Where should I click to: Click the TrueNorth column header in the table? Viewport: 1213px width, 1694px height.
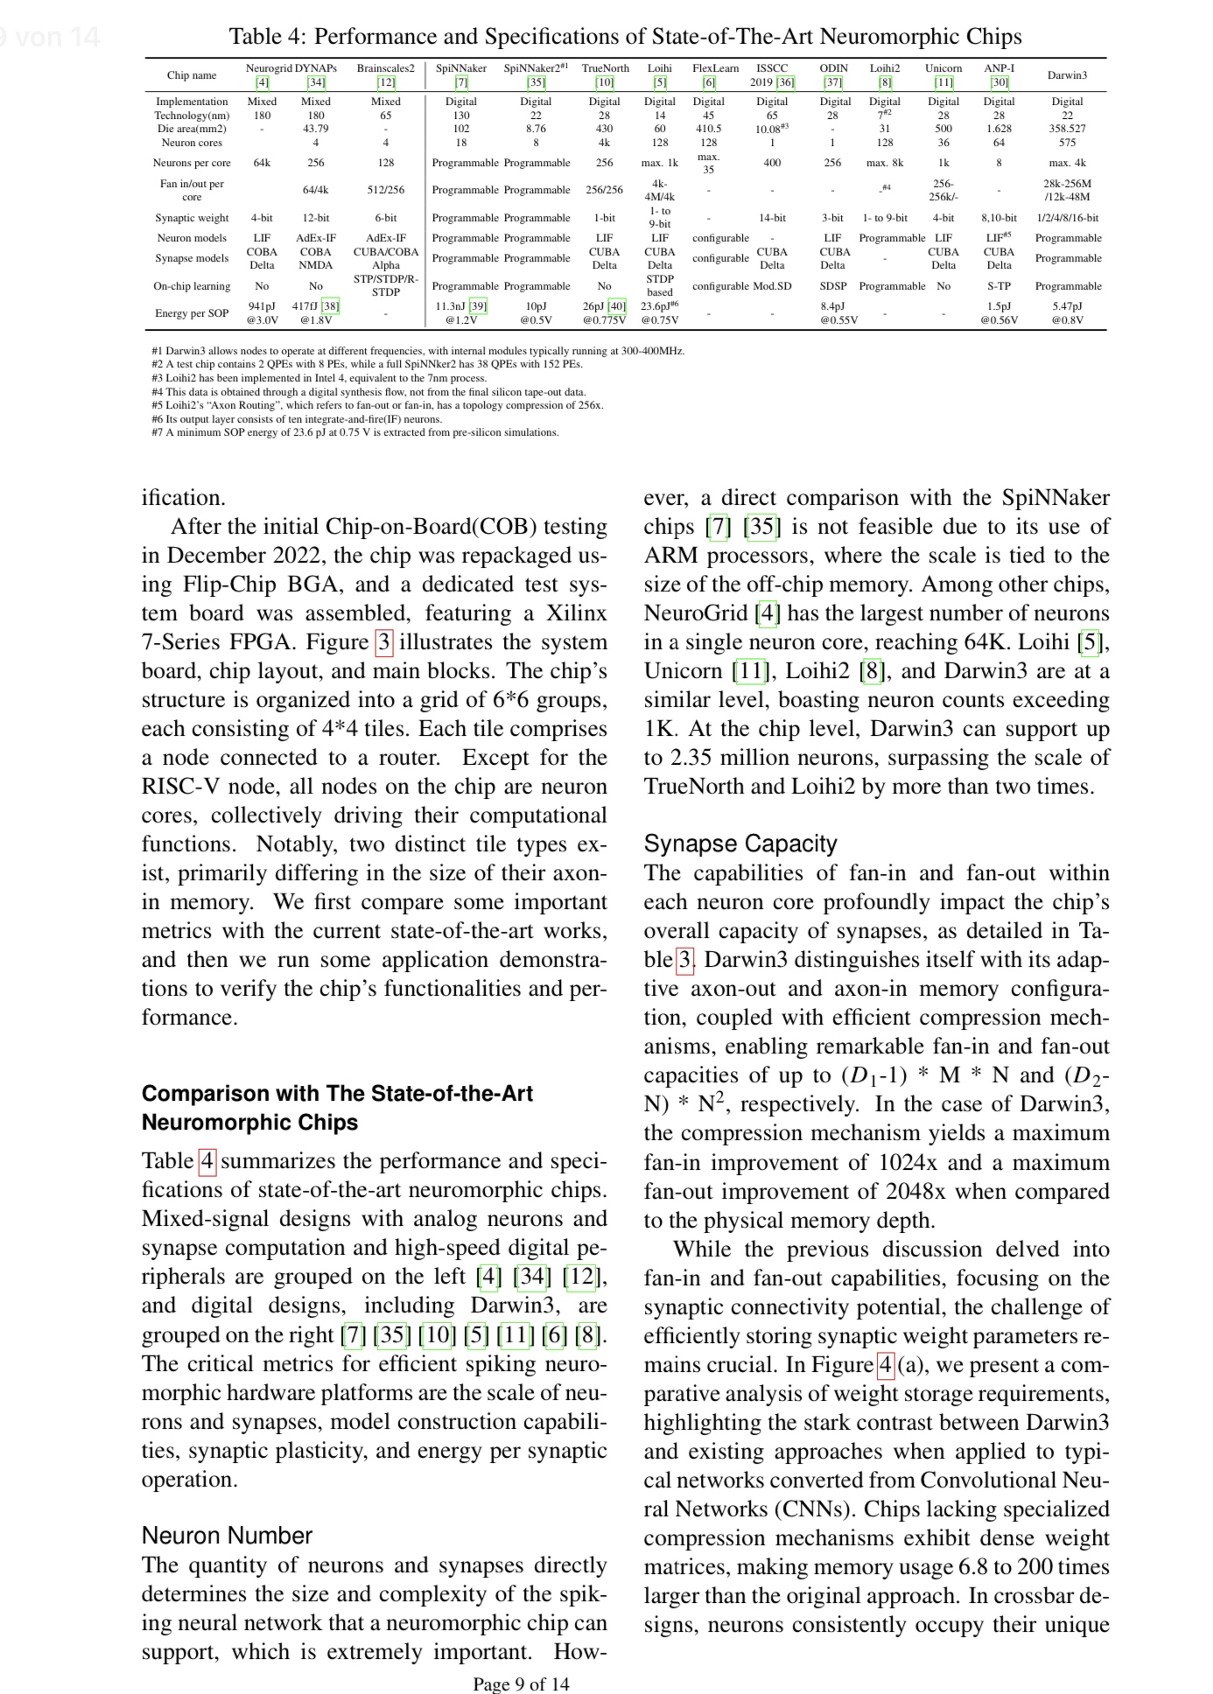tap(605, 68)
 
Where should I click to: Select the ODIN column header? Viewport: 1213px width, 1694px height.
tap(833, 68)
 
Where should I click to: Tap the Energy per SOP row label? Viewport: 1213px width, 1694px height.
tap(192, 313)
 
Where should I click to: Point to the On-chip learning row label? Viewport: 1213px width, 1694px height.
tap(192, 286)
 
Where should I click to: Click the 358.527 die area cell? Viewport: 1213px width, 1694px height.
tap(1067, 129)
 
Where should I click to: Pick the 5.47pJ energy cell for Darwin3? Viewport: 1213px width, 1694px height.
tap(1067, 306)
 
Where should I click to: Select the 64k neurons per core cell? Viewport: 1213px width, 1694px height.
tap(262, 163)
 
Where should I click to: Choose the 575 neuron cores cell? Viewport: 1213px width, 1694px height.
tap(1067, 143)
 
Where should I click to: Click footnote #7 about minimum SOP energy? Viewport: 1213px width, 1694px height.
tap(354, 432)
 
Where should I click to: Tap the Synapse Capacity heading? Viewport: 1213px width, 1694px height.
tap(740, 843)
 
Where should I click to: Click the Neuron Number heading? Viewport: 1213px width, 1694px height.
tap(227, 1536)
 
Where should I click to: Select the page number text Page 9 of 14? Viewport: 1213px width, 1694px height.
tap(521, 1683)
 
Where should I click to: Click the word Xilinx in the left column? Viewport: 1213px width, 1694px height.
tap(576, 612)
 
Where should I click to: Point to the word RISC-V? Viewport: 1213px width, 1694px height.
tap(178, 786)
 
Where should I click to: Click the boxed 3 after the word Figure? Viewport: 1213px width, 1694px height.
tap(383, 642)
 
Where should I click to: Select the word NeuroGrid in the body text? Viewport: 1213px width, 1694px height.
tap(696, 612)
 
